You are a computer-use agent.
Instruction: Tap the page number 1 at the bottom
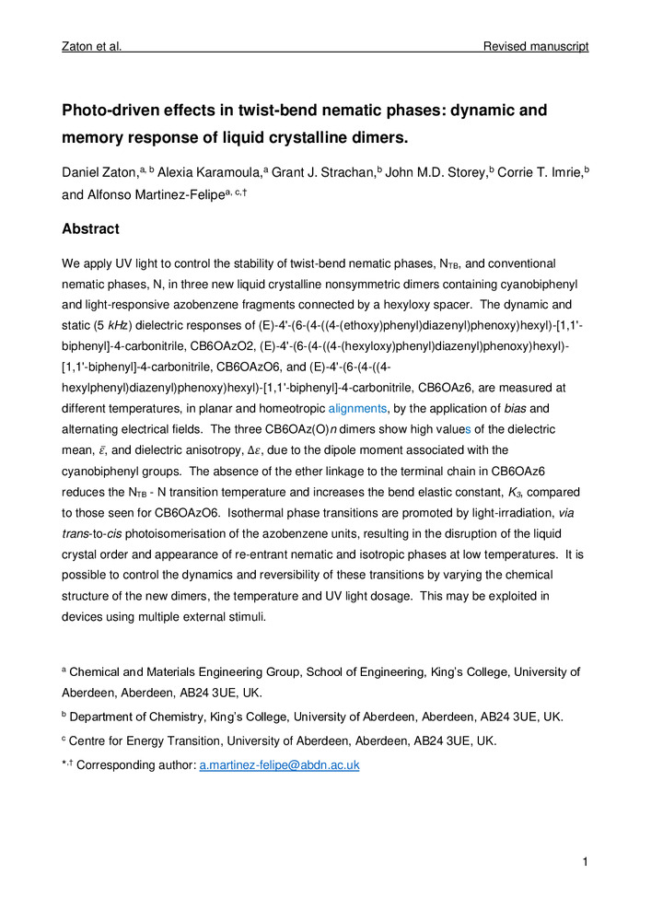585,862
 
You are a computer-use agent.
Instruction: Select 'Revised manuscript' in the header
536,46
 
